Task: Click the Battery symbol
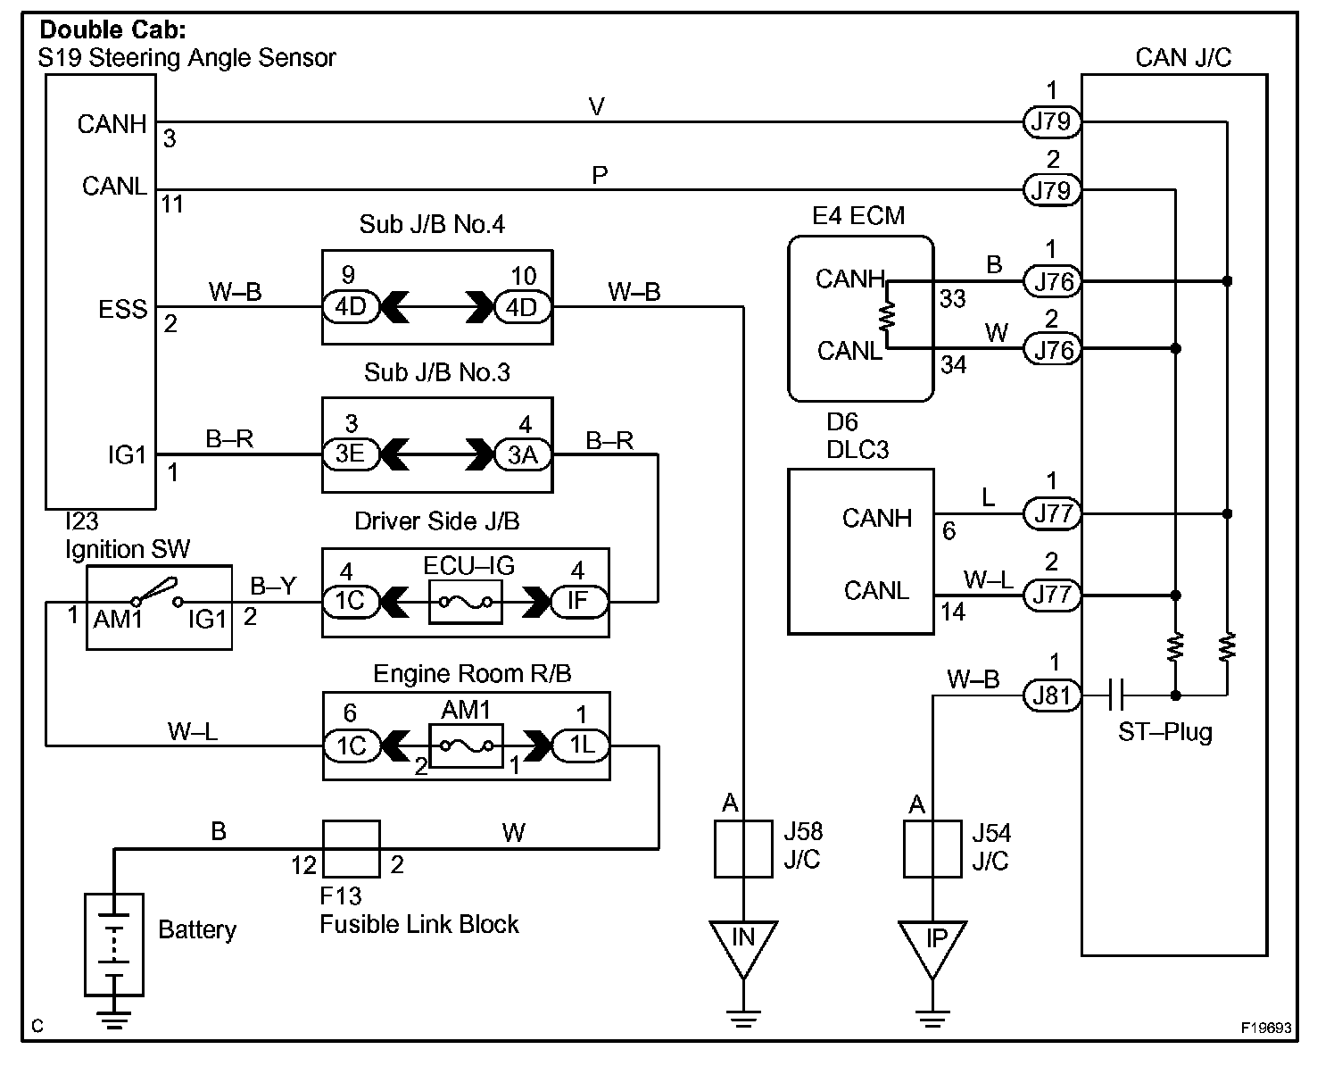113,944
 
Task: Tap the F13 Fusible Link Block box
351,849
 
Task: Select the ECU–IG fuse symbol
465,602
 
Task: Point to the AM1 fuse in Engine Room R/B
466,745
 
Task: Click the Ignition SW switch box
159,606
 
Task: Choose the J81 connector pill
1052,695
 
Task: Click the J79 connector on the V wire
1052,121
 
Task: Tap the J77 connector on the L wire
1052,514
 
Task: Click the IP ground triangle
932,945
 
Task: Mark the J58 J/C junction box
743,848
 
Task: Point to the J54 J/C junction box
932,849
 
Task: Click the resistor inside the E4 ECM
888,315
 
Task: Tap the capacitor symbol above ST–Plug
1115,695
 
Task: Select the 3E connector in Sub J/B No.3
350,454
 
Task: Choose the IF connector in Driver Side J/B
578,601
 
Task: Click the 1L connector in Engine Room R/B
581,745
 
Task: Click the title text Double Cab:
126,30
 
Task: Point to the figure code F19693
1266,1028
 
